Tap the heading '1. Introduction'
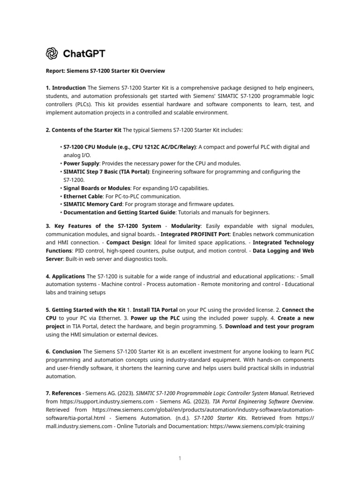point(66,88)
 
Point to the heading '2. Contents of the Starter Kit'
point(83,129)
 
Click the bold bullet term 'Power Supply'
point(81,164)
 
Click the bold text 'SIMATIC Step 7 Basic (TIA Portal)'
point(107,172)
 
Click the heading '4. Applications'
point(66,276)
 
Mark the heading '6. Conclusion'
point(63,352)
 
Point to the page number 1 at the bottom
point(180,458)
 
